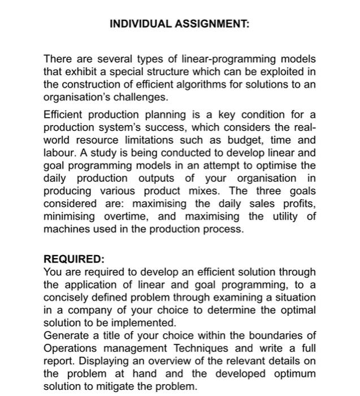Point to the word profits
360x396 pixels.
(x=298, y=204)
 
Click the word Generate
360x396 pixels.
(x=67, y=336)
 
